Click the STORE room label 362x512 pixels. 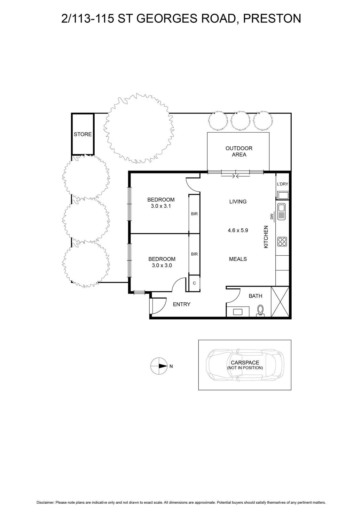click(83, 134)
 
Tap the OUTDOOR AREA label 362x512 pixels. click(239, 151)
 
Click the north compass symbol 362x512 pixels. click(158, 366)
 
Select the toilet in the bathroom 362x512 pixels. click(260, 311)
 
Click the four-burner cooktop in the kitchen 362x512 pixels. click(282, 242)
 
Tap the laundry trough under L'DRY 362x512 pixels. click(283, 196)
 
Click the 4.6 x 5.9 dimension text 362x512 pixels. click(238, 230)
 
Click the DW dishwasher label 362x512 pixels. click(272, 216)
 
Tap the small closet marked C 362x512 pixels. click(194, 283)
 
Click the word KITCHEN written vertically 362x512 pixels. click(266, 237)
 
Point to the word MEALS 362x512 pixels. click(238, 259)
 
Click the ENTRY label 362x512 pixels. click(182, 304)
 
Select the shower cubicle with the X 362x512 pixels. click(280, 302)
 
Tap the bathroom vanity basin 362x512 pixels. click(238, 312)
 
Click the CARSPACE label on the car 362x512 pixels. click(245, 363)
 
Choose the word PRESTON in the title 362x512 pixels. click(272, 18)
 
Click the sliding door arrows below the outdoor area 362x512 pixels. click(235, 176)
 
